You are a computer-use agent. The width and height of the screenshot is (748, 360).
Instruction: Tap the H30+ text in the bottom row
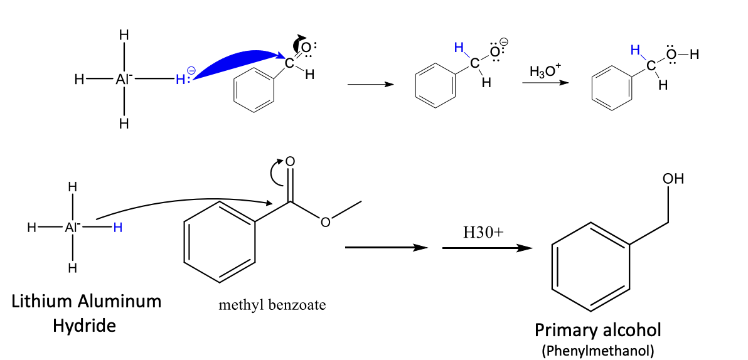[483, 233]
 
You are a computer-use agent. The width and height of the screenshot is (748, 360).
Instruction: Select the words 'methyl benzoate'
[272, 305]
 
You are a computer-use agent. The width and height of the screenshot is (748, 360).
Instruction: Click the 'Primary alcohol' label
[598, 329]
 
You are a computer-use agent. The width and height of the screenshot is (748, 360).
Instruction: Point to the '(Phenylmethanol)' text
[598, 350]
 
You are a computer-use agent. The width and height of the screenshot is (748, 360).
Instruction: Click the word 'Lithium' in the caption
[43, 302]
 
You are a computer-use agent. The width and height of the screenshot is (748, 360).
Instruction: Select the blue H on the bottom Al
[117, 228]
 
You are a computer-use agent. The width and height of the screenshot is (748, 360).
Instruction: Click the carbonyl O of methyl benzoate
[290, 161]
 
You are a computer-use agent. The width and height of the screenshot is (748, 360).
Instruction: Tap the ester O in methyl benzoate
[324, 222]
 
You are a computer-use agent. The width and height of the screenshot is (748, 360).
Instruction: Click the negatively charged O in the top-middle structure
[496, 52]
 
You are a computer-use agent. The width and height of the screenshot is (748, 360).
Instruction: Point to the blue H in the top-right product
[635, 49]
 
